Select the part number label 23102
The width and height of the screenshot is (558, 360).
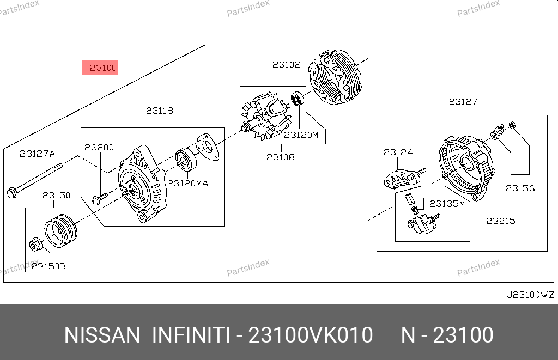(x=287, y=65)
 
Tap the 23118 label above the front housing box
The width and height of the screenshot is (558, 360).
(x=160, y=111)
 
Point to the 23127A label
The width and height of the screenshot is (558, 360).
(x=38, y=154)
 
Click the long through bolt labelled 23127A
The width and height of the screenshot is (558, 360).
(x=34, y=181)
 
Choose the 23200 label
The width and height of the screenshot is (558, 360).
(x=99, y=147)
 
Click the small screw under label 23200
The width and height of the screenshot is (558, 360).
(x=100, y=198)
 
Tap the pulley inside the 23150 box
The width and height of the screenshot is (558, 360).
(x=60, y=230)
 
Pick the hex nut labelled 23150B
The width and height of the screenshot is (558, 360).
(x=35, y=245)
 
